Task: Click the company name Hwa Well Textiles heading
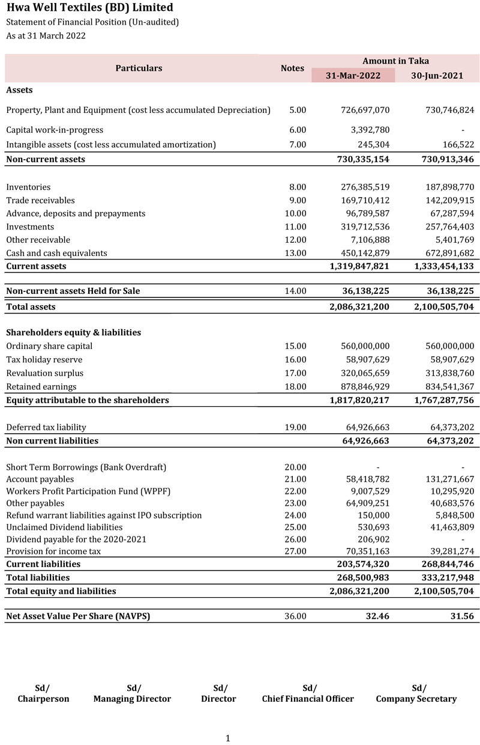(89, 8)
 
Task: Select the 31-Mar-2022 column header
(353, 76)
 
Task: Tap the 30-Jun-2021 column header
(437, 76)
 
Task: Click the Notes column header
(292, 68)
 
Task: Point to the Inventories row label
(28, 187)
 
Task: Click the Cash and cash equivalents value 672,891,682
(443, 253)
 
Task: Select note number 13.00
(295, 253)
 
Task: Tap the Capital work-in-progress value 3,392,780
(364, 130)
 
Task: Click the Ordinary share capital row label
(49, 346)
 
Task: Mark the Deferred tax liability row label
(46, 427)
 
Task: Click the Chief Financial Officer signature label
(308, 699)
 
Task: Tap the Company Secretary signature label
(416, 699)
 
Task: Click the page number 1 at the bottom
(228, 738)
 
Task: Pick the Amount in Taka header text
(395, 61)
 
